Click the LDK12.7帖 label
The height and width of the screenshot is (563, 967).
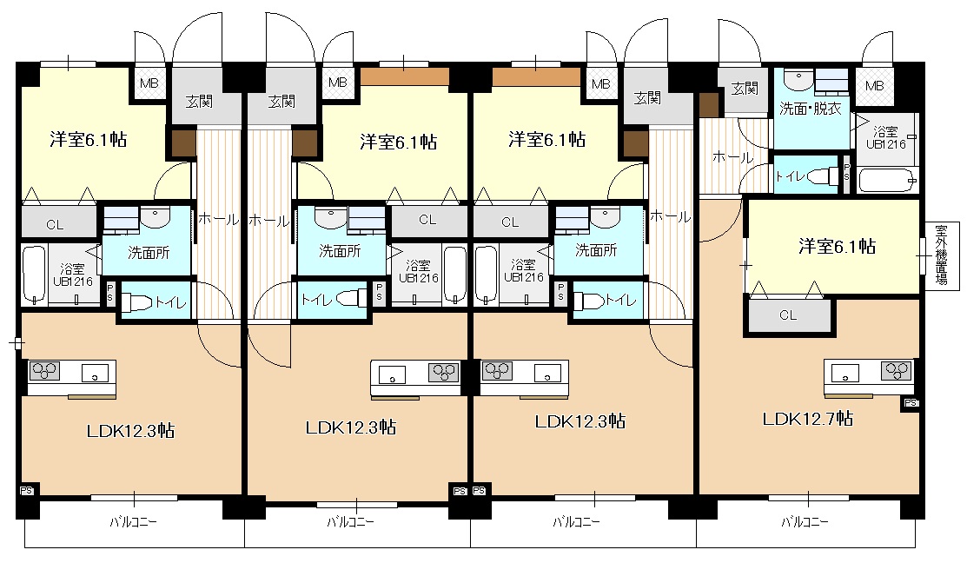click(x=808, y=420)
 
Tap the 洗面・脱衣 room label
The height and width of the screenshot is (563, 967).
click(x=811, y=109)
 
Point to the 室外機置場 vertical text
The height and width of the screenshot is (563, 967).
click(x=941, y=255)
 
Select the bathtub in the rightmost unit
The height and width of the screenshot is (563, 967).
click(x=887, y=180)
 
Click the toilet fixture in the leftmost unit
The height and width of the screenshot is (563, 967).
click(x=137, y=302)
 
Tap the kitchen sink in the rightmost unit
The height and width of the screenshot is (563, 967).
click(x=845, y=373)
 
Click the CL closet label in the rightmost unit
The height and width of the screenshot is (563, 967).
click(x=788, y=315)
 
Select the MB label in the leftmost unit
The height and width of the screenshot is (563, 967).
click(x=149, y=83)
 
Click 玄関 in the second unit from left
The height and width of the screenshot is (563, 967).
click(x=281, y=101)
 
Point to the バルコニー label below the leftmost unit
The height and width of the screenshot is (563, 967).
click(x=133, y=522)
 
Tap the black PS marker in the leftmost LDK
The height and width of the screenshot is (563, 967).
click(x=27, y=491)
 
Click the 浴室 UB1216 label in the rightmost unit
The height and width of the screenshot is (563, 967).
click(x=885, y=138)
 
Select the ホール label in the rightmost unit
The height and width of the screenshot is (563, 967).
click(x=732, y=158)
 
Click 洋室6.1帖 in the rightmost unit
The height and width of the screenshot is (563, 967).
click(x=837, y=247)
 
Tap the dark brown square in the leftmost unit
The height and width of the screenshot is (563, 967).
click(x=184, y=143)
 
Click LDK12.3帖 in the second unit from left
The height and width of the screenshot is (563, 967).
click(x=351, y=427)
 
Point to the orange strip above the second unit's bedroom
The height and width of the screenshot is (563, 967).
click(x=405, y=76)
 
